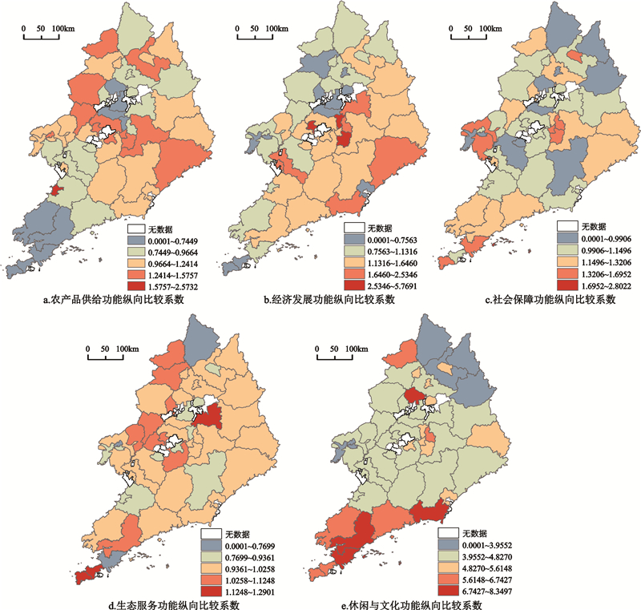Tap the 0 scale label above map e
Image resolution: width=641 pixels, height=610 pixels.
[x=317, y=349]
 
